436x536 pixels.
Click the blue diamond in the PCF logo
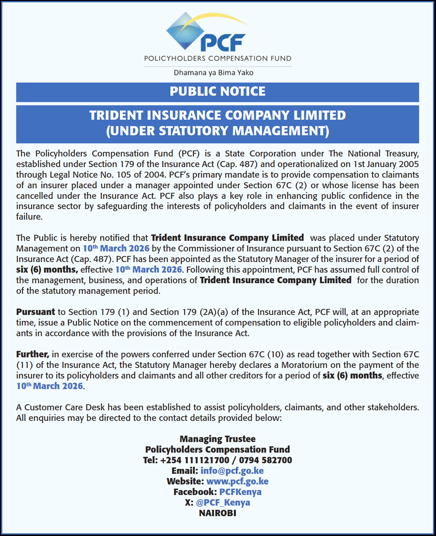click(185, 32)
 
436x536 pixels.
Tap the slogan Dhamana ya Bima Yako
click(217, 72)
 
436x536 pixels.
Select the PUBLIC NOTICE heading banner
click(218, 91)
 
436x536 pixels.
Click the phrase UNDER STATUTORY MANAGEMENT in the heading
click(218, 131)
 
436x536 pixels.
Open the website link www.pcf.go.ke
click(237, 481)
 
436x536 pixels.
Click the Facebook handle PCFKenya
click(240, 492)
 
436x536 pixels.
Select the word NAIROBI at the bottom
click(218, 513)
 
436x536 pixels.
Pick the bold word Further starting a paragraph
click(32, 354)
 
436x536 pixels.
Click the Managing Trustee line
click(218, 439)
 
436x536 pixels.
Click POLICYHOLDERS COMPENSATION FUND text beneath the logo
click(218, 59)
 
